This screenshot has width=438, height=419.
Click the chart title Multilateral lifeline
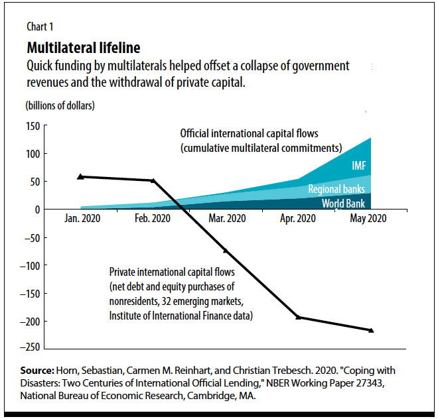pos(83,48)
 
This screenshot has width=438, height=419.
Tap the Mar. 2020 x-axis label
pos(226,218)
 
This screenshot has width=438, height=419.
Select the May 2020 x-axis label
pos(369,218)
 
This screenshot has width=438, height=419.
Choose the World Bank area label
pos(344,203)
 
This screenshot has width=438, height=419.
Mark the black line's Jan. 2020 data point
pos(81,176)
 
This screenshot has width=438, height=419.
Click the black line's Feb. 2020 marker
pos(153,180)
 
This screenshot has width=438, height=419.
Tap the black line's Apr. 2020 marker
pos(298,318)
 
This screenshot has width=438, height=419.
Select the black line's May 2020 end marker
pos(371,330)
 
